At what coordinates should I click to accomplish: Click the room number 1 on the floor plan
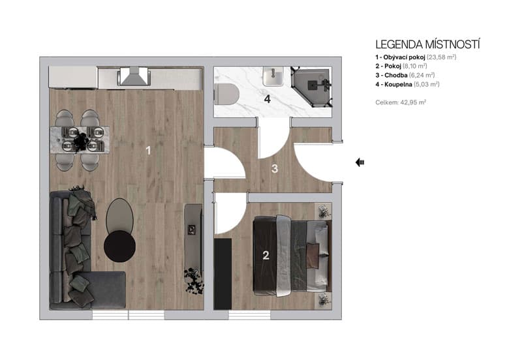point(148,151)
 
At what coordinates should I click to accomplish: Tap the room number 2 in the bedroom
point(266,255)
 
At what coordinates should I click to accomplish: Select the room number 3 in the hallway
point(275,169)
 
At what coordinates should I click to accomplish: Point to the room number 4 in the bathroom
point(268,99)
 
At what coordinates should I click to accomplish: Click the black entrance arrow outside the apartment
point(360,162)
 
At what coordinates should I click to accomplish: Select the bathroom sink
point(274,77)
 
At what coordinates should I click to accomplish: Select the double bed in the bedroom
point(291,255)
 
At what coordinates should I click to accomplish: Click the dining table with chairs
point(78,139)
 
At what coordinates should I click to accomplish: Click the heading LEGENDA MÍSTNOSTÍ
point(427,44)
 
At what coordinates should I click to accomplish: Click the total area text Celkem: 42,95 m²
point(401,102)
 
